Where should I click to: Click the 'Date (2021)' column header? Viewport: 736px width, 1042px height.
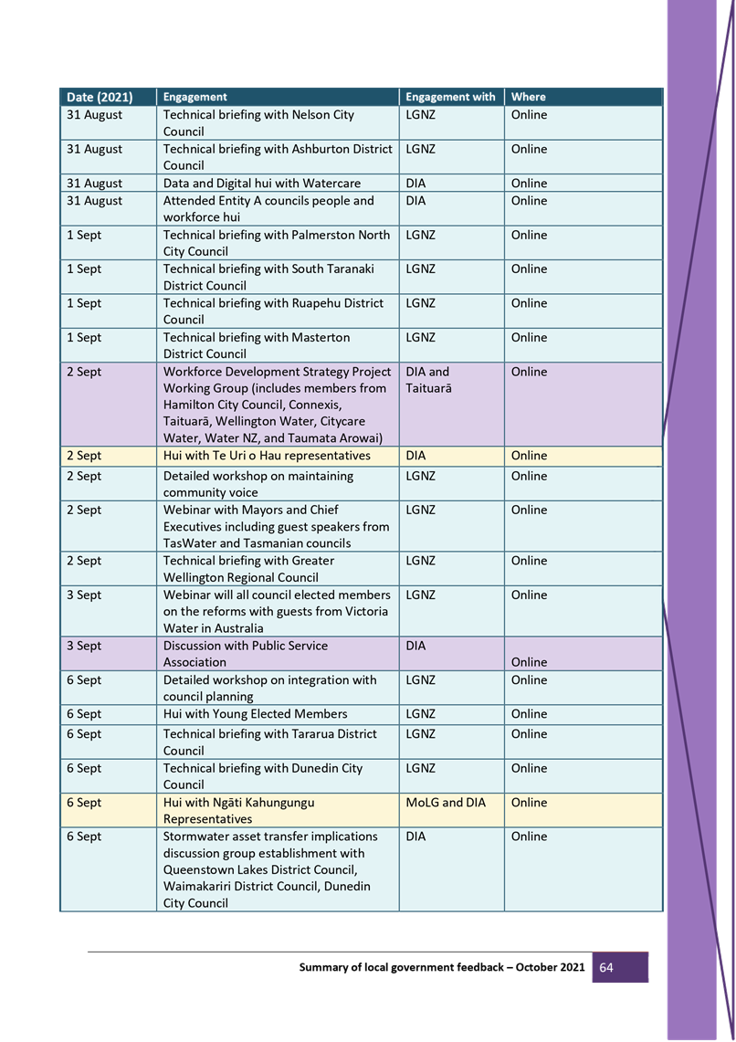click(100, 97)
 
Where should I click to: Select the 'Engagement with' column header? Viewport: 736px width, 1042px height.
click(450, 97)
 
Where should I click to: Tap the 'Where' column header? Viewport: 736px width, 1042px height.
click(529, 97)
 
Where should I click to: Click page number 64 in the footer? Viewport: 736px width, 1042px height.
click(606, 967)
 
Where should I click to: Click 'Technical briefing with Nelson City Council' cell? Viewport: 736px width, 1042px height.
click(258, 123)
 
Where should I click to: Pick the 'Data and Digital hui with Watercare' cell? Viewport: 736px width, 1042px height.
click(261, 184)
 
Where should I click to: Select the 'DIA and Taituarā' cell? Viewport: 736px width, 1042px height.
click(428, 380)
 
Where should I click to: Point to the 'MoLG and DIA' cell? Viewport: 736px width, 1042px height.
click(446, 803)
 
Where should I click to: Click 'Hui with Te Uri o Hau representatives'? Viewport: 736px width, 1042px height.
click(267, 456)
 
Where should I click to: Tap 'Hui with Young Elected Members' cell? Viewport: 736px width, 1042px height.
click(255, 714)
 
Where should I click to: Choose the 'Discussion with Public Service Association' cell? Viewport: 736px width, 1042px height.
click(246, 654)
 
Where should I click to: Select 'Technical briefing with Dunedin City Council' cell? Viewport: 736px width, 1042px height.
click(263, 776)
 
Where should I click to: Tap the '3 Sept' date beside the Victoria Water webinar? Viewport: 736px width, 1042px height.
click(84, 595)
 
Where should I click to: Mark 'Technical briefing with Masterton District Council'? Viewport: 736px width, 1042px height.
click(257, 345)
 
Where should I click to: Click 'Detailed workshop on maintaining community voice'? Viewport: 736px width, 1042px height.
click(258, 484)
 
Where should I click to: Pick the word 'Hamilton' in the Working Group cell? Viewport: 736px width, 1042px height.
click(189, 405)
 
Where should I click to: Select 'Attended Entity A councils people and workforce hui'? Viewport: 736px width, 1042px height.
click(268, 208)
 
